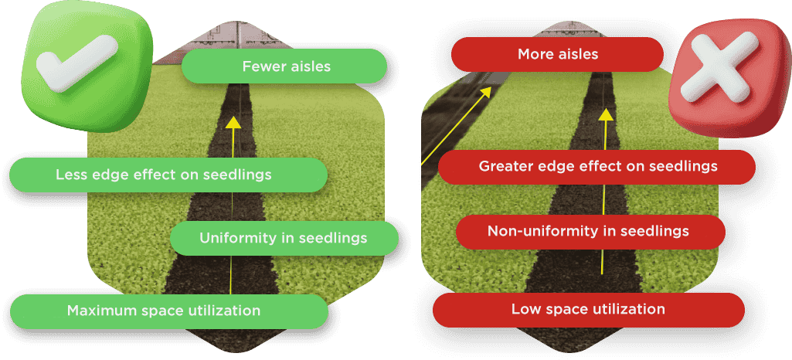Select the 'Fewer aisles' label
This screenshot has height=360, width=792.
point(285,66)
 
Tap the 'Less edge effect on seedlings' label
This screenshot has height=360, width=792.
point(164,175)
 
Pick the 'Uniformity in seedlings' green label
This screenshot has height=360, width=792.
point(283,238)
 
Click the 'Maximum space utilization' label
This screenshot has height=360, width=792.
point(164,311)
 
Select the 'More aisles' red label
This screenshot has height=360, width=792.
point(557,55)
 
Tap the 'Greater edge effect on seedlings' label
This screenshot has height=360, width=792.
point(597,166)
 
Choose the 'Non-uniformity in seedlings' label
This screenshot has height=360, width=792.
point(588,231)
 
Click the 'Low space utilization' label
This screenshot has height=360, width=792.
point(588,310)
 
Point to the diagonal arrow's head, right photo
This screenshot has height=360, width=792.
point(488,91)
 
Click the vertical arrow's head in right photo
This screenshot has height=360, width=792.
point(607,114)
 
